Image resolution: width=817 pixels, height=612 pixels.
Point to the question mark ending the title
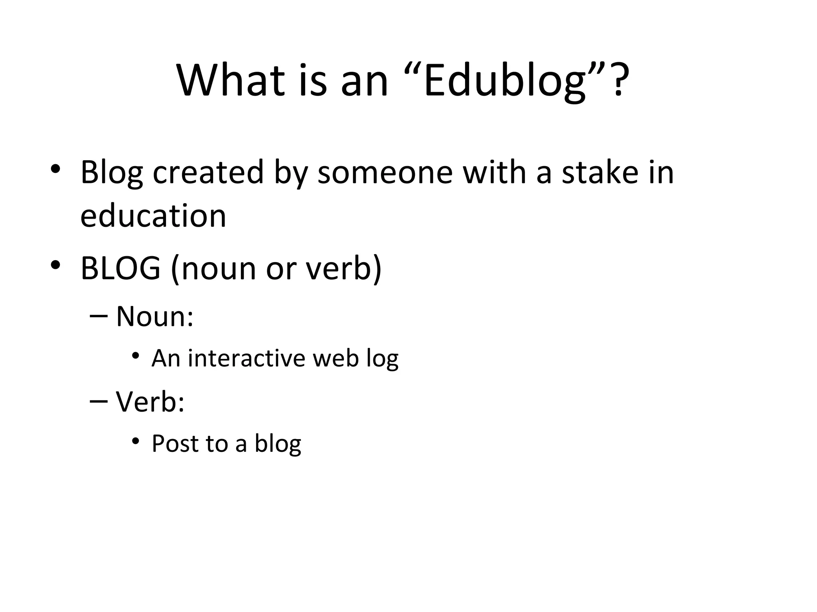[x=619, y=81]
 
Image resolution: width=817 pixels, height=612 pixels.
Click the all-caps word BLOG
[x=120, y=268]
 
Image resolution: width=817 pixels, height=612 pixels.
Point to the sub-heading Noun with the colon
[x=155, y=317]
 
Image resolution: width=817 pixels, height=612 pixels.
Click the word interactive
[x=247, y=358]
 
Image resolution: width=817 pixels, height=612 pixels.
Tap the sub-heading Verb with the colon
[x=150, y=402]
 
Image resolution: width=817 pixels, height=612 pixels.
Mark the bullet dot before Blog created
[x=55, y=169]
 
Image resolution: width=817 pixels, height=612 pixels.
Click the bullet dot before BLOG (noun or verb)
[x=55, y=264]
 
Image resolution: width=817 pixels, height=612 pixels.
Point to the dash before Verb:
[x=99, y=401]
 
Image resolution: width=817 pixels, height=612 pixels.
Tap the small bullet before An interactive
[x=136, y=355]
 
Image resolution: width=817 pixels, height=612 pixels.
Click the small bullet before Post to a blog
[x=136, y=441]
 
